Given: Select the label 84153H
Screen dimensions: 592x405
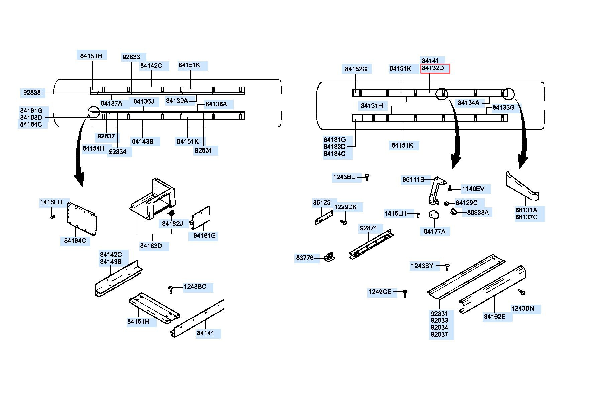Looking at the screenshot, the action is pos(91,56).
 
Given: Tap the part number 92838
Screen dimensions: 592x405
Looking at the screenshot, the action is pos(32,92).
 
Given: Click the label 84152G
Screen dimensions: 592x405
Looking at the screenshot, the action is pos(356,69).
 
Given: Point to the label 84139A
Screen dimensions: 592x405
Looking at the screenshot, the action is pos(177,101).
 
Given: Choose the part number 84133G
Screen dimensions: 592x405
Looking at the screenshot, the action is pos(503,107).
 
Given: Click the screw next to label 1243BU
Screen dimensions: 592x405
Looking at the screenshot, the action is pos(367,177).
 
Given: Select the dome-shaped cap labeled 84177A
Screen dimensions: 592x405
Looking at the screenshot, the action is pos(434,215).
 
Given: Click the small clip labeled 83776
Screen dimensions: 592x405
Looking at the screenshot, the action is pos(329,257).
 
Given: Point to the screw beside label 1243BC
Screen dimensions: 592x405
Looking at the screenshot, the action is pos(171,289).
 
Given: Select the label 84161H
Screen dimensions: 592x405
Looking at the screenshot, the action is pos(138,321).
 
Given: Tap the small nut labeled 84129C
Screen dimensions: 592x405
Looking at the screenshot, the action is pos(446,203).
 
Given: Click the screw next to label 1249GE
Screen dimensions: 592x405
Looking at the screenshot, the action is pos(405,293).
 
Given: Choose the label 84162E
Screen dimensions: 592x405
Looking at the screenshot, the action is pos(495,316).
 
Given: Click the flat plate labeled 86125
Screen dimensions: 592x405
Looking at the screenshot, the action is pos(324,218).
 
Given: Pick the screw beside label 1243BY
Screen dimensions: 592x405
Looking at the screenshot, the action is pos(447,267).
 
